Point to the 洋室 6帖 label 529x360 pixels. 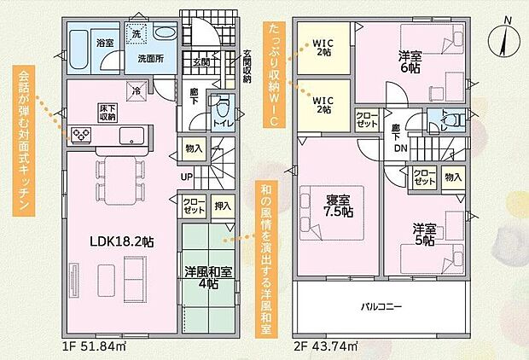tap(410, 62)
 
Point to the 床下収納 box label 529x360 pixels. tap(108, 113)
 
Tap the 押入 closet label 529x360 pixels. tap(223, 206)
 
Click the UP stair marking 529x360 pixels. tap(185, 177)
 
